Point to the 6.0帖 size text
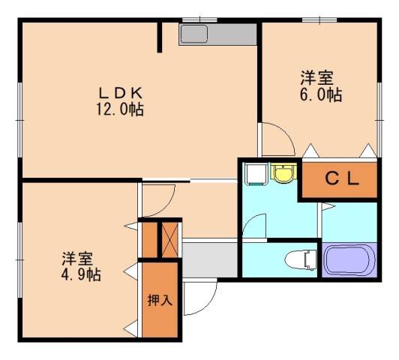coord(322,95)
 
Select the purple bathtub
coord(351,260)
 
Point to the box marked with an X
coord(171,238)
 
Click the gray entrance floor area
coord(210,258)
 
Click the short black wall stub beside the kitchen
coord(160,37)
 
